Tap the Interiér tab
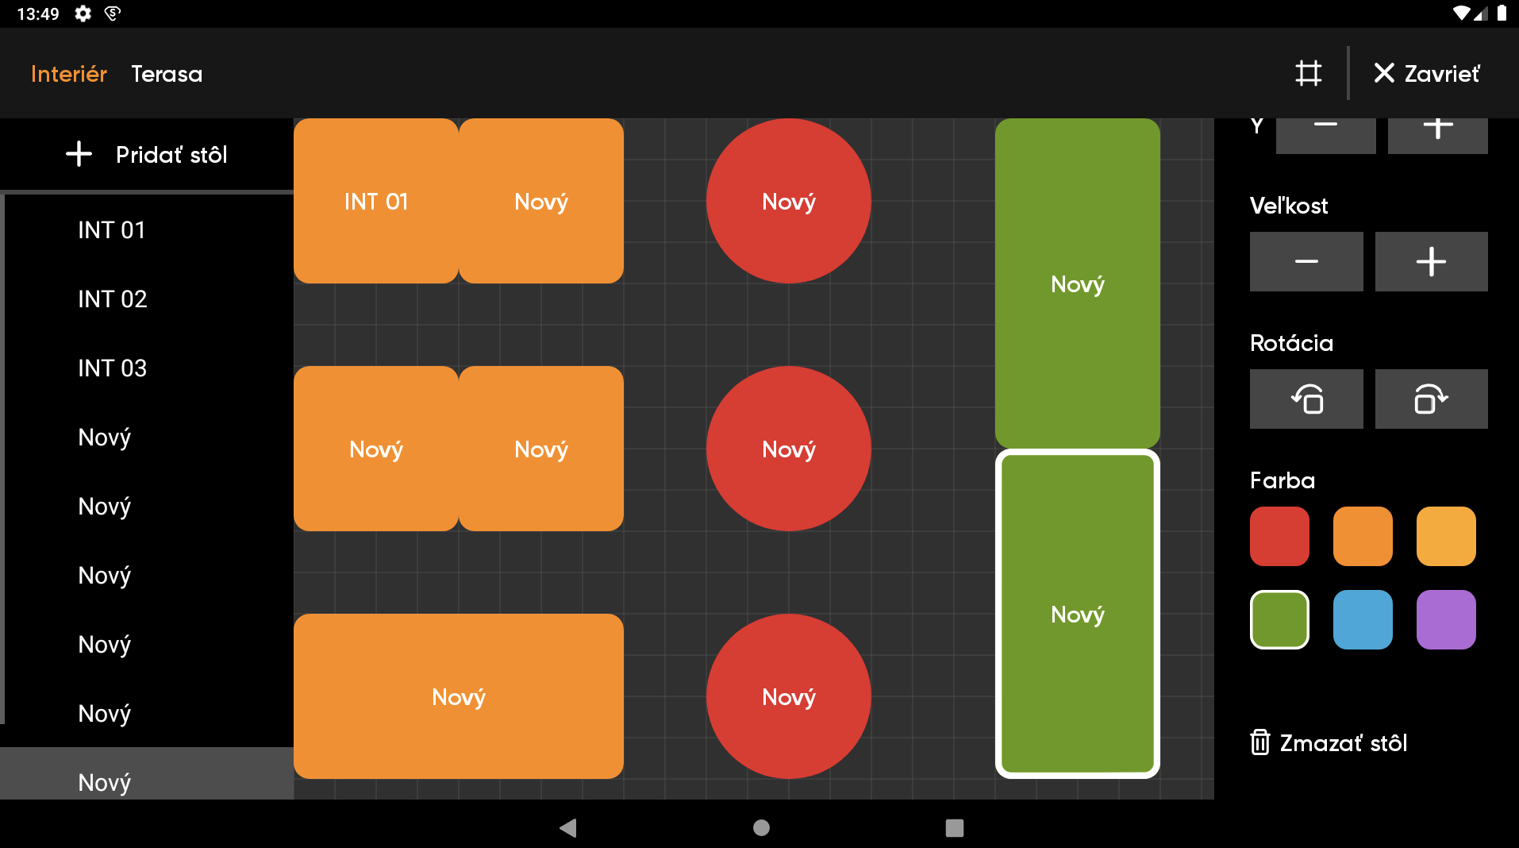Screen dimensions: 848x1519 (x=68, y=74)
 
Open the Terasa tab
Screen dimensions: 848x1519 (x=167, y=74)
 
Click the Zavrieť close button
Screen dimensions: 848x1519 (x=1426, y=74)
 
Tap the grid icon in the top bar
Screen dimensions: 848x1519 (x=1308, y=74)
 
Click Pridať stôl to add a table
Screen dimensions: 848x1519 (x=147, y=154)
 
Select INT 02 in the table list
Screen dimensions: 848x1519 (x=113, y=299)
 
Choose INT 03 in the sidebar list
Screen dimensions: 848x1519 (x=113, y=368)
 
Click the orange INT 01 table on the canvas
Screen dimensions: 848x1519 (x=375, y=202)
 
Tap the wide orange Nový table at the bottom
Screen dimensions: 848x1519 (x=458, y=696)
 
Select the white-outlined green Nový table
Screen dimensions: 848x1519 (x=1077, y=614)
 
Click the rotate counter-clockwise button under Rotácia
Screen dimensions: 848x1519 (x=1306, y=399)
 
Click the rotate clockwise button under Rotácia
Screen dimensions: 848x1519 (x=1431, y=399)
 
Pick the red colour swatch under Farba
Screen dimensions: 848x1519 (x=1279, y=537)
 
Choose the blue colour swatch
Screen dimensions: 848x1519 (x=1363, y=619)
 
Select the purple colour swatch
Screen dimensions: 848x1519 (x=1446, y=619)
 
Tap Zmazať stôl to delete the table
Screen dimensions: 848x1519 (x=1329, y=742)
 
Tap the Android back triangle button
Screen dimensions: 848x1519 (x=568, y=828)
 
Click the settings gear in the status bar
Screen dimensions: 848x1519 (x=83, y=13)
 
